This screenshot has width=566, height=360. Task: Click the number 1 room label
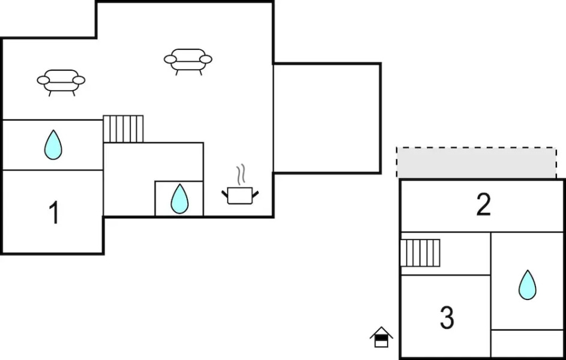pyautogui.click(x=54, y=213)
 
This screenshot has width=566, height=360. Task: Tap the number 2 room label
pyautogui.click(x=483, y=205)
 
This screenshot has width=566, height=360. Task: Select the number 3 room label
pyautogui.click(x=447, y=318)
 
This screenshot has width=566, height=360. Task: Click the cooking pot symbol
pyautogui.click(x=240, y=195)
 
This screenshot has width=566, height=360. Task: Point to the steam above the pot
pyautogui.click(x=241, y=175)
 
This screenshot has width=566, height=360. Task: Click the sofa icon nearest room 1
pyautogui.click(x=61, y=80)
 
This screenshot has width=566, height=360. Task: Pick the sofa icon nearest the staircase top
pyautogui.click(x=188, y=60)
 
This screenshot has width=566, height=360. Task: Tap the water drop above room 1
pyautogui.click(x=53, y=145)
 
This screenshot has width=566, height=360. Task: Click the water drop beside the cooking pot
pyautogui.click(x=179, y=199)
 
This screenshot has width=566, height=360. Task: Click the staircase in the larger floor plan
pyautogui.click(x=123, y=128)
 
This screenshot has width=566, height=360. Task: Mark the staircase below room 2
pyautogui.click(x=420, y=253)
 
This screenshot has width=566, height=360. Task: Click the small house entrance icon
pyautogui.click(x=381, y=337)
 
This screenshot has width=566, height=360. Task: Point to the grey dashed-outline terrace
pyautogui.click(x=476, y=162)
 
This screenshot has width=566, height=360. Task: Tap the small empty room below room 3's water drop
pyautogui.click(x=527, y=343)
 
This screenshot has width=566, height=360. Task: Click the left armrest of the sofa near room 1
pyautogui.click(x=43, y=79)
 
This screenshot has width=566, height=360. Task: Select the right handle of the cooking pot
pyautogui.click(x=256, y=193)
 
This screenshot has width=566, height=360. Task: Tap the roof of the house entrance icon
pyautogui.click(x=381, y=331)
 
